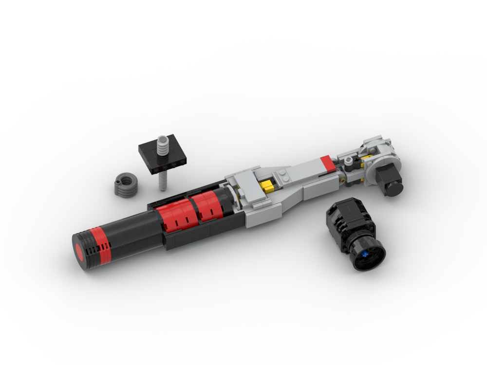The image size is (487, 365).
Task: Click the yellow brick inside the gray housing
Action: coord(266,185)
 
